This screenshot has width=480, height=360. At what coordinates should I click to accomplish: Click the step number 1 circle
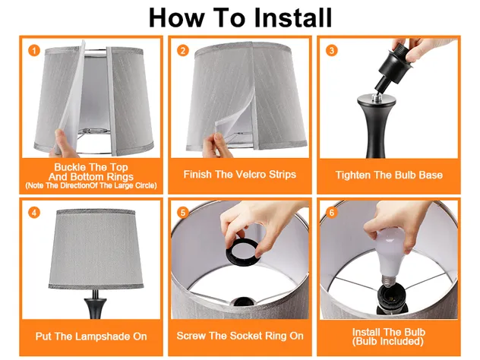(x=33, y=51)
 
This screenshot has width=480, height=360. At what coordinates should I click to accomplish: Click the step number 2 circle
(x=183, y=51)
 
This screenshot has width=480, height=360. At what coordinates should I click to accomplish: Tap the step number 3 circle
(x=332, y=51)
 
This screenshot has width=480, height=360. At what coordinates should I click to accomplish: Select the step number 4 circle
(x=33, y=213)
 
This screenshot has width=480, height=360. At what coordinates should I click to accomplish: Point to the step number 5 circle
(x=183, y=213)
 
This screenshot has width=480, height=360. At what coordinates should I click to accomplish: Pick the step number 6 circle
(x=332, y=213)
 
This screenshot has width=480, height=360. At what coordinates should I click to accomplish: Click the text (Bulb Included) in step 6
(x=388, y=341)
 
